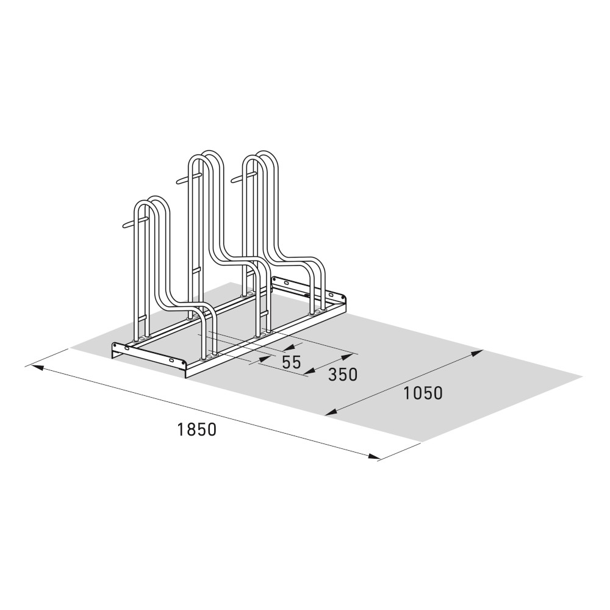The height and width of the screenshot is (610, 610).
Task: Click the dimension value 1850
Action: click(197, 429)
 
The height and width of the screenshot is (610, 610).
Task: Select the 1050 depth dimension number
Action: click(422, 393)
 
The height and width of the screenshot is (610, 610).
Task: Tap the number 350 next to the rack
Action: click(342, 375)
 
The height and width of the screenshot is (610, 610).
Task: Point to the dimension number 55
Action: click(292, 362)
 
